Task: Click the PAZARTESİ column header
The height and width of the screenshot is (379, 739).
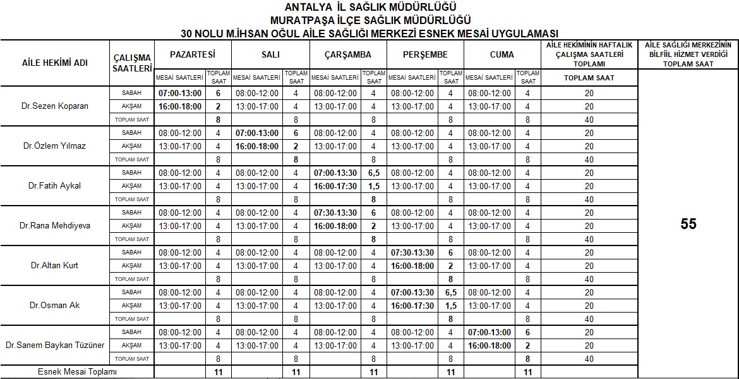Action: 193,54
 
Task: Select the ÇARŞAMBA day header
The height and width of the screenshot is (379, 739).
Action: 347,54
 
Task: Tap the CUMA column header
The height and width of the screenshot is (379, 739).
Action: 502,54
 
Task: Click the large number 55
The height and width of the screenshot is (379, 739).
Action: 688,224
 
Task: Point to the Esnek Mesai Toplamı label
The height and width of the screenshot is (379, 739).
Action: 76,372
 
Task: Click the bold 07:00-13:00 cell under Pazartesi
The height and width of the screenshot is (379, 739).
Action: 180,93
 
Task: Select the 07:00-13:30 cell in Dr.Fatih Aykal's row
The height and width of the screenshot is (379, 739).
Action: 335,173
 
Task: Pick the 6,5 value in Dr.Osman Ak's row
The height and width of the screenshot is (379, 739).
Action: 450,293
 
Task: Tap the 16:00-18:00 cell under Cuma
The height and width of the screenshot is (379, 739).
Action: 490,346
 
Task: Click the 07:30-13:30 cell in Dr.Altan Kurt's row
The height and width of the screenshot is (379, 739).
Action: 412,253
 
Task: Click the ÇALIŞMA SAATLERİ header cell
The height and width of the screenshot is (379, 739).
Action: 132,63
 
